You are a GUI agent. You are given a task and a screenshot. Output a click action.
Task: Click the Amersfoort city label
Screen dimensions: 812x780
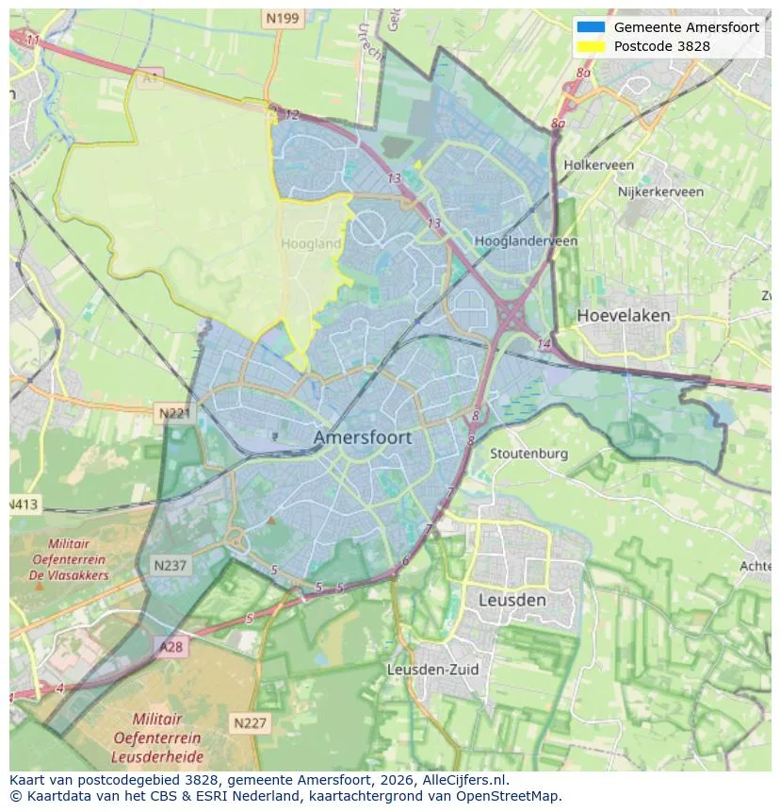point(362,438)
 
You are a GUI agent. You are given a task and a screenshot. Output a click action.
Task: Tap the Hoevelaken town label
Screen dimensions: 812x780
point(624,315)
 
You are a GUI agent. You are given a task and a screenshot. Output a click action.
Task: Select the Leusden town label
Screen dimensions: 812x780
point(512,600)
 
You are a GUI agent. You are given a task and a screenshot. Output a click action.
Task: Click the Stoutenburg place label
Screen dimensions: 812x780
point(528,454)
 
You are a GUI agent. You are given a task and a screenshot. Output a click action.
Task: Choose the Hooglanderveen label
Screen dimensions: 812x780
point(526,241)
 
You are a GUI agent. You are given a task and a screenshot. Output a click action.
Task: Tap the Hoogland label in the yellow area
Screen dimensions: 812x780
point(311,243)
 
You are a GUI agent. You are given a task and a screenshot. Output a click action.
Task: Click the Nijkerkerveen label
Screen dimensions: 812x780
point(660,191)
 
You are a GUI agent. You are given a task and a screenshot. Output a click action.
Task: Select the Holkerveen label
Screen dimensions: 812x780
point(598,165)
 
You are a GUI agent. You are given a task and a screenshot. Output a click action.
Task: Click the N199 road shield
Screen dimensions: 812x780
point(282,18)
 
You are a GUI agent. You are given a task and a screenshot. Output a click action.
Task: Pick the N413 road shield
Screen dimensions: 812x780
point(24,505)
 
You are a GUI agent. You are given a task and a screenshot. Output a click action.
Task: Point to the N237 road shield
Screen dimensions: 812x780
point(170,565)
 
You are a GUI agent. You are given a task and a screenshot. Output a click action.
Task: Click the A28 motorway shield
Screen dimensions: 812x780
point(171,647)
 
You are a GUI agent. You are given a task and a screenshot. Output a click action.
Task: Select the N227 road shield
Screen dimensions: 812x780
point(249,723)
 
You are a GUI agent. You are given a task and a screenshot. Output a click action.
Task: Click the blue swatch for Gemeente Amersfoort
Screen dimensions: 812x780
point(591,27)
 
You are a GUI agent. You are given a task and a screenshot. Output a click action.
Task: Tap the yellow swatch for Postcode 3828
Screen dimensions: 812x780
point(591,46)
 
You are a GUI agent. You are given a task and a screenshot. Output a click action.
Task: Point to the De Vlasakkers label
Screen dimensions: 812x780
point(69,575)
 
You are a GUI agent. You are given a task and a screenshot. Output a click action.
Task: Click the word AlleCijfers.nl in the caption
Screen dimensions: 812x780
point(463,780)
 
